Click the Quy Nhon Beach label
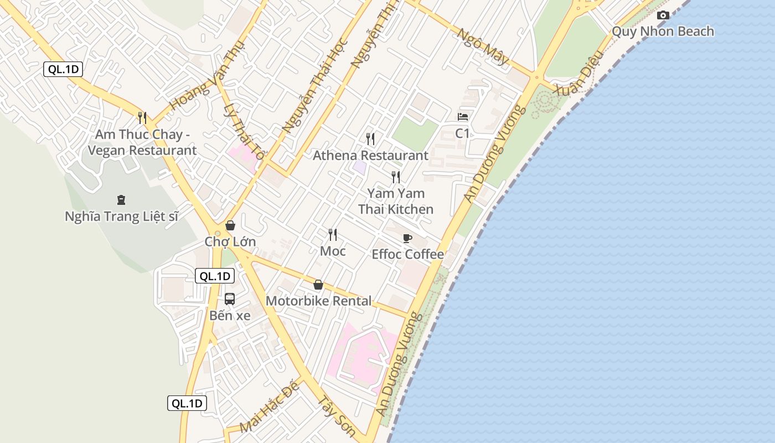(x=663, y=31)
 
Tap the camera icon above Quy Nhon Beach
(x=663, y=15)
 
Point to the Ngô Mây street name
(x=482, y=47)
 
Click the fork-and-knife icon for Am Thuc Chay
(x=142, y=117)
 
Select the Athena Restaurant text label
(x=370, y=156)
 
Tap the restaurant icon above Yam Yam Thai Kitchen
(x=396, y=177)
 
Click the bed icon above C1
(x=463, y=117)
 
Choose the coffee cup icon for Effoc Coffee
(x=407, y=239)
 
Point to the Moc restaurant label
(x=333, y=251)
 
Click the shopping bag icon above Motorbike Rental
(x=318, y=285)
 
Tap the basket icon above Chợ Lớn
(x=230, y=225)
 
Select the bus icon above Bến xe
(x=230, y=299)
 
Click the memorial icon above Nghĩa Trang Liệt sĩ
(x=121, y=199)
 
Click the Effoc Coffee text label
(x=407, y=254)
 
